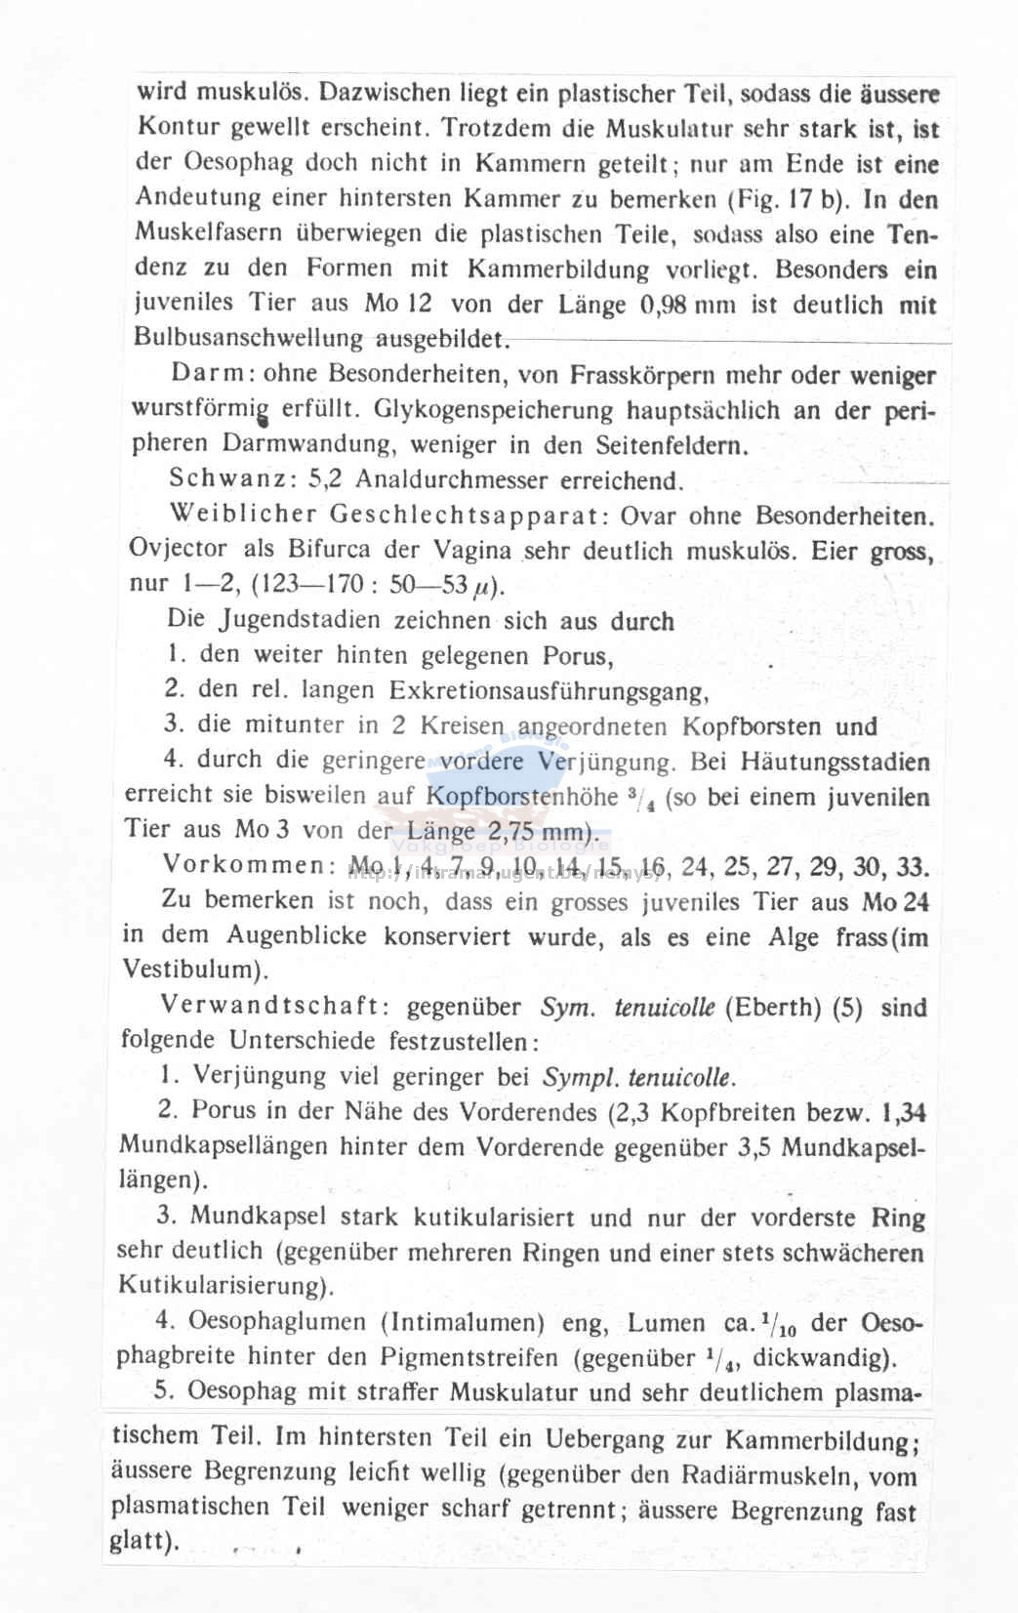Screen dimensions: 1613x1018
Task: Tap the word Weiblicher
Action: [x=243, y=514]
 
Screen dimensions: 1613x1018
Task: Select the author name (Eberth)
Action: [x=773, y=1008]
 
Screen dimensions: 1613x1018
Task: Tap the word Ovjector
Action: [x=178, y=549]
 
